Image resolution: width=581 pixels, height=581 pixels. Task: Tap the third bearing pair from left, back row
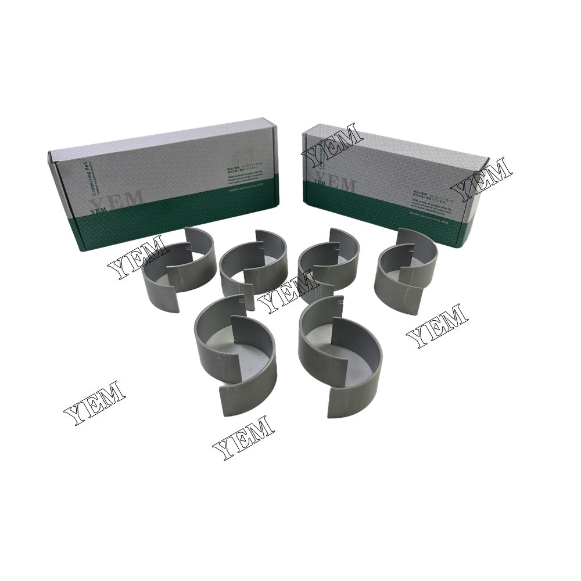tap(328, 264)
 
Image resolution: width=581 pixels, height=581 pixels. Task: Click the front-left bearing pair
tap(235, 354)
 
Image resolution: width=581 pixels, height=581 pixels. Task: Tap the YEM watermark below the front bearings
tap(243, 436)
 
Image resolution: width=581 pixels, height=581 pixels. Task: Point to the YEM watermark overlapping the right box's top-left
tap(332, 143)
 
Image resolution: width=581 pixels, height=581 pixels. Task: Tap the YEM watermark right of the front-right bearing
tap(436, 325)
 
